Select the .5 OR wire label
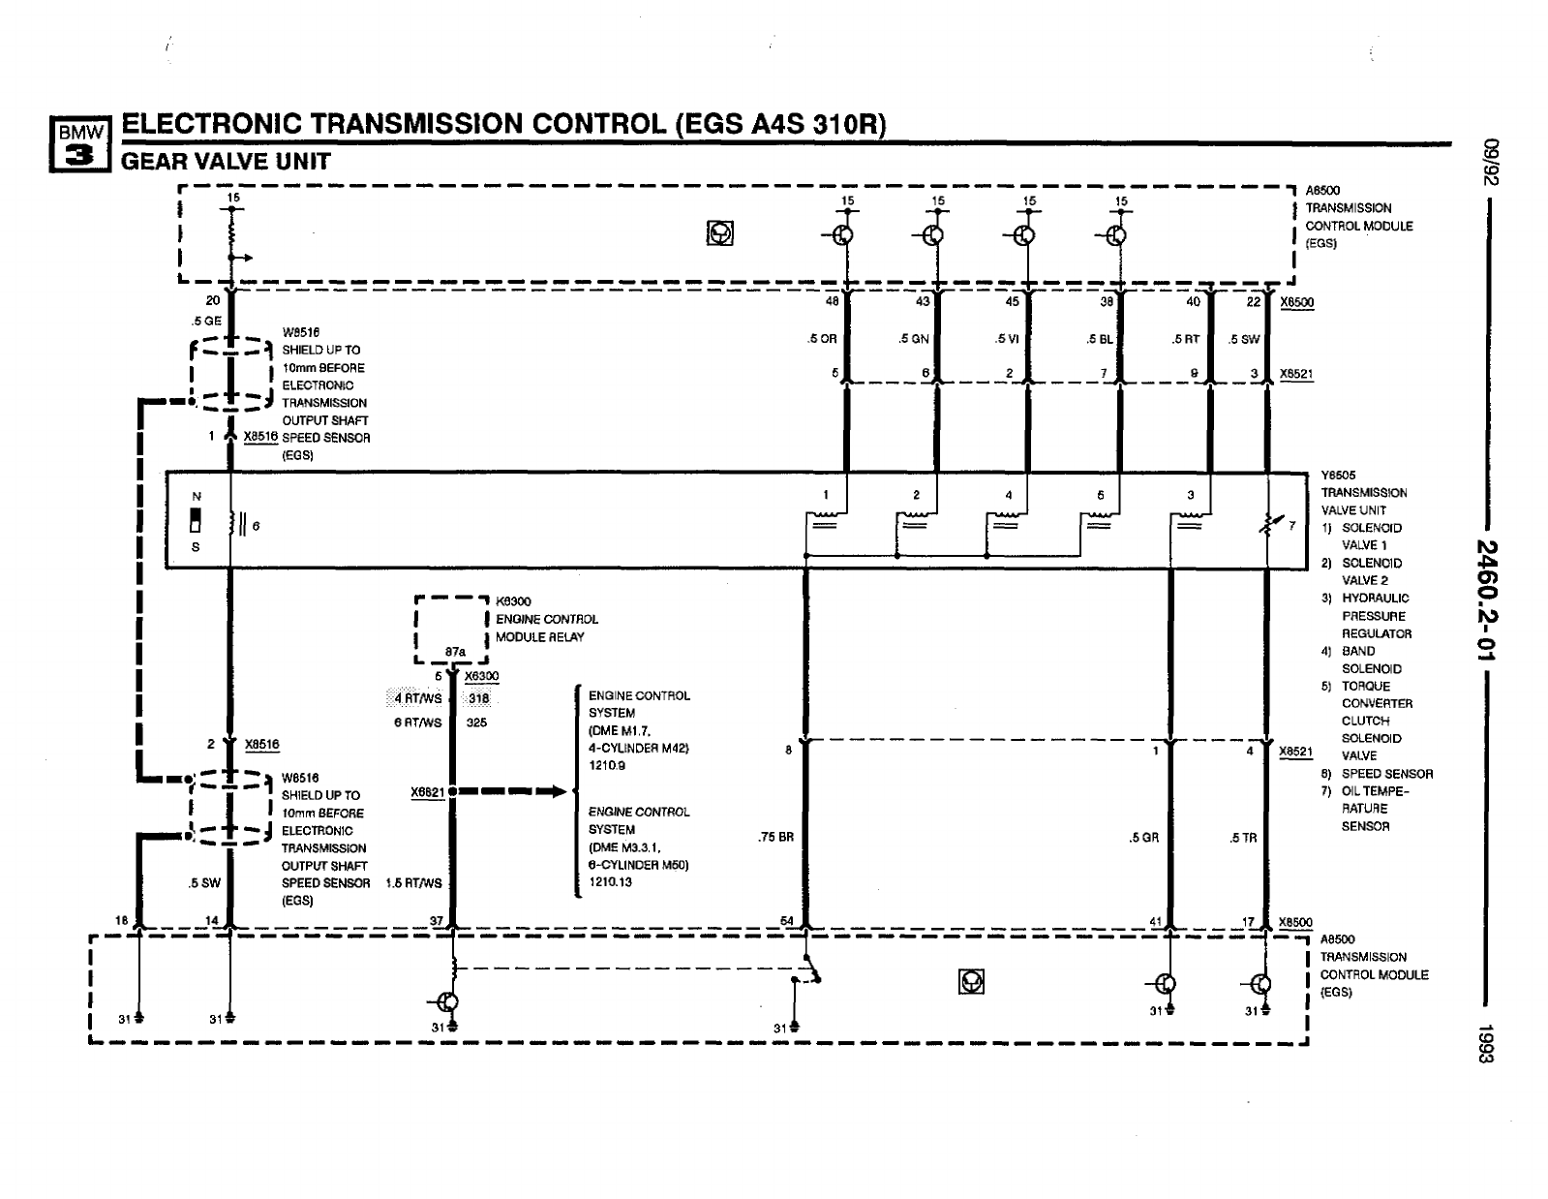pyautogui.click(x=822, y=339)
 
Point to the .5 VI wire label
pyautogui.click(x=1006, y=339)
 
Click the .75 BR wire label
pyautogui.click(x=775, y=838)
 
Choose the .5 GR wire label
pyautogui.click(x=1143, y=838)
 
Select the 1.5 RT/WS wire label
pyautogui.click(x=413, y=883)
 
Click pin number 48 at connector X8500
pyautogui.click(x=832, y=301)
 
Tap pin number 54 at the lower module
pyautogui.click(x=787, y=920)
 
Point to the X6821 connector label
pyautogui.click(x=427, y=792)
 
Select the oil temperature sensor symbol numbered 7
pyautogui.click(x=1268, y=525)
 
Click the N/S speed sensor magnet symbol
pyautogui.click(x=197, y=519)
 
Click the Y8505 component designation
pyautogui.click(x=1339, y=476)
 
